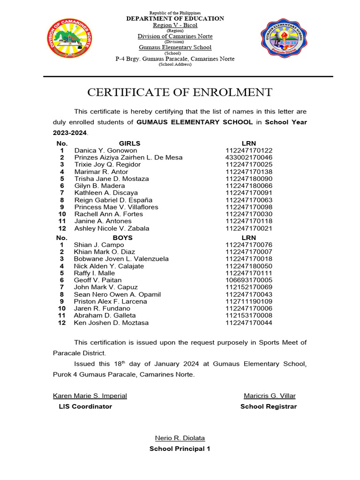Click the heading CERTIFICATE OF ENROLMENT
180,92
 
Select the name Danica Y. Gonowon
105,150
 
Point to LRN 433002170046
248,157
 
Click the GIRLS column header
129,143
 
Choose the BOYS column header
123,238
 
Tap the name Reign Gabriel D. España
113,200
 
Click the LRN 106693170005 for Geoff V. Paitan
248,280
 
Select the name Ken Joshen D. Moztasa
111,322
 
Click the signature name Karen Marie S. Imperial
90,396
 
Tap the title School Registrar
269,406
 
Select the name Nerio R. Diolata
180,438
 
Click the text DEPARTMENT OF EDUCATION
175,18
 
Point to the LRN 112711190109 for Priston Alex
248,301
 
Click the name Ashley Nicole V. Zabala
112,228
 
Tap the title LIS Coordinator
85,406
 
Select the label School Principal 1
180,449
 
